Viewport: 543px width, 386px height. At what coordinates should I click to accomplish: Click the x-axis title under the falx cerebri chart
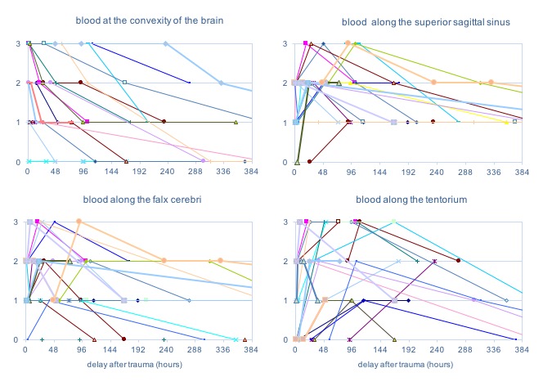pyautogui.click(x=139, y=364)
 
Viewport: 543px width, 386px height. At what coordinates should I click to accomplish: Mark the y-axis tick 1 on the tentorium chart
pyautogui.click(x=284, y=300)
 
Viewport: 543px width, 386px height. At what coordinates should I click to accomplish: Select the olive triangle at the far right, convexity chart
pyautogui.click(x=236, y=122)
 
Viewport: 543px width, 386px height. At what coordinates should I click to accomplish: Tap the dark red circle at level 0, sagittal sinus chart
pyautogui.click(x=310, y=161)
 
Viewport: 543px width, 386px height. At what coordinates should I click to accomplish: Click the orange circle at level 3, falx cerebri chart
pyautogui.click(x=79, y=222)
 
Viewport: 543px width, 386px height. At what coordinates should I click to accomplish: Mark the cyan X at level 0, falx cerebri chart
pyautogui.click(x=236, y=339)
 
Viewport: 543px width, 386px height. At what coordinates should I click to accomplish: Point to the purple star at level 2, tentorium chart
pyautogui.click(x=434, y=261)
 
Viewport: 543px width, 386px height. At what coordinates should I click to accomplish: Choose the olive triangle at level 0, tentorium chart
pyautogui.click(x=394, y=339)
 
